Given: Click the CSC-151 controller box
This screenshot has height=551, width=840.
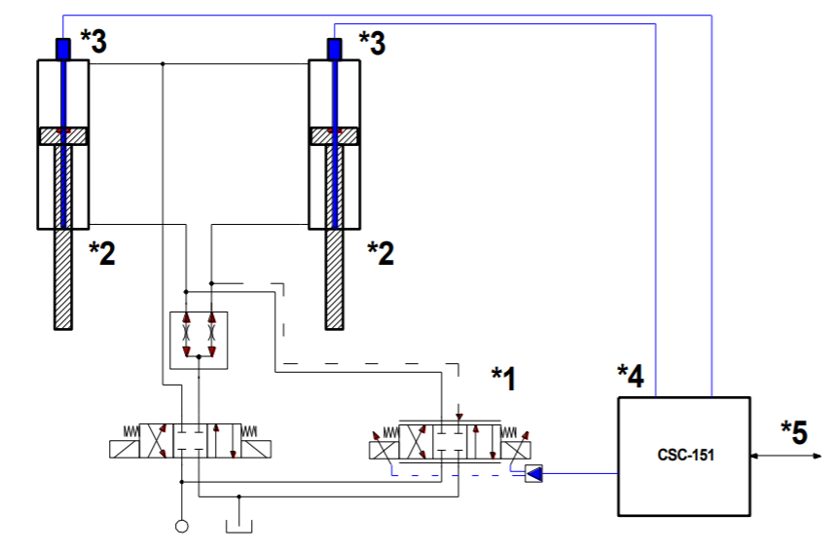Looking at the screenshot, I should (684, 456).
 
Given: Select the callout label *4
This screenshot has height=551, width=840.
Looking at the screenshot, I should (630, 375).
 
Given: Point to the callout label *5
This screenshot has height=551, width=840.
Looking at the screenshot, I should (794, 431).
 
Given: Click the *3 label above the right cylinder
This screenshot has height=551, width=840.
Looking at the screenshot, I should (373, 41).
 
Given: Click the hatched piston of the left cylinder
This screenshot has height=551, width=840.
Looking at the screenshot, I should (63, 136).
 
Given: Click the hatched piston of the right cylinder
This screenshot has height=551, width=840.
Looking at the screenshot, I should (335, 136).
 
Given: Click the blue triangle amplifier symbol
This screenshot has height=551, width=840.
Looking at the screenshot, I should (534, 474).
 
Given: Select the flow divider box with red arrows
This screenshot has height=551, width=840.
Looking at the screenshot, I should (199, 341).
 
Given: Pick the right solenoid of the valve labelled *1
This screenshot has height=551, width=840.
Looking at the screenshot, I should (515, 449).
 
